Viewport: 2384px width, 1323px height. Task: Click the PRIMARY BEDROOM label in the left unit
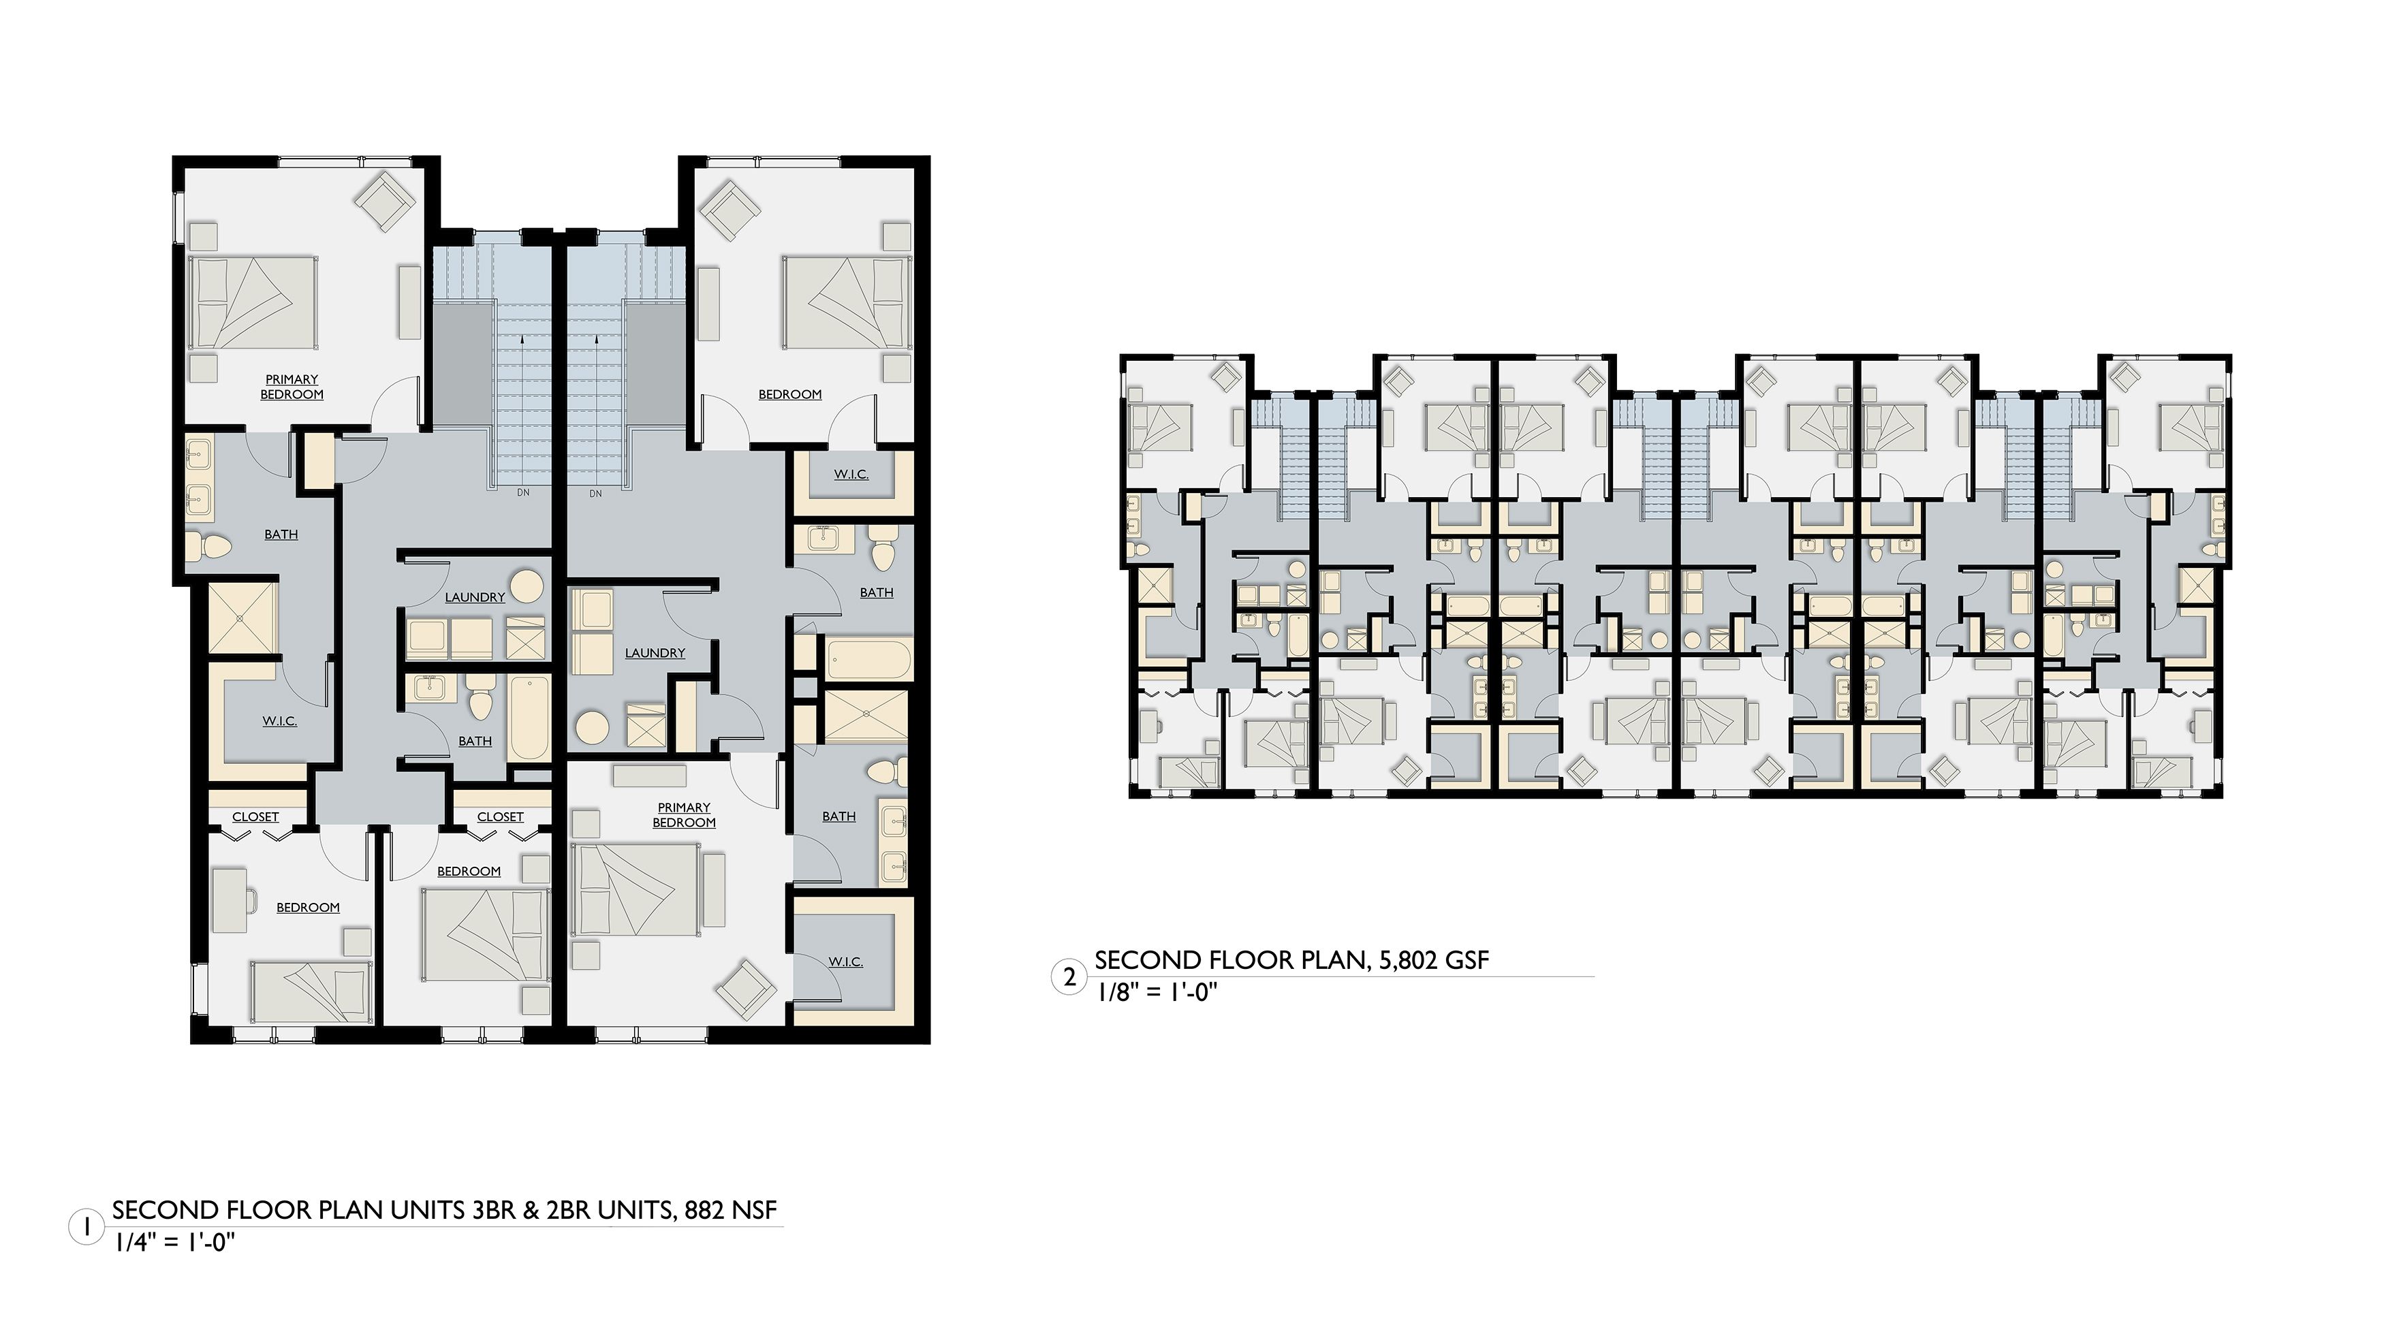[292, 387]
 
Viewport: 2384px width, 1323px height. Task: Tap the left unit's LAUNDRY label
[475, 596]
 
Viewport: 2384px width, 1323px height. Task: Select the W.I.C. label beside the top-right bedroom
[851, 475]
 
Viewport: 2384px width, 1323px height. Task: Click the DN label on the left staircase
[523, 493]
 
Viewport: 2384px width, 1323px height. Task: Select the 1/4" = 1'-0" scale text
[175, 1243]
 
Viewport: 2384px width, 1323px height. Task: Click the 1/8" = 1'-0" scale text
[1157, 993]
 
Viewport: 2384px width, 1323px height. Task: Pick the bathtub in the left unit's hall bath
[529, 716]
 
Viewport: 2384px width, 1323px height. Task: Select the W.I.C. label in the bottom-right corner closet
[846, 962]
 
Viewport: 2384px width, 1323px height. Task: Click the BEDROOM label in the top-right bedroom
[789, 394]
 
